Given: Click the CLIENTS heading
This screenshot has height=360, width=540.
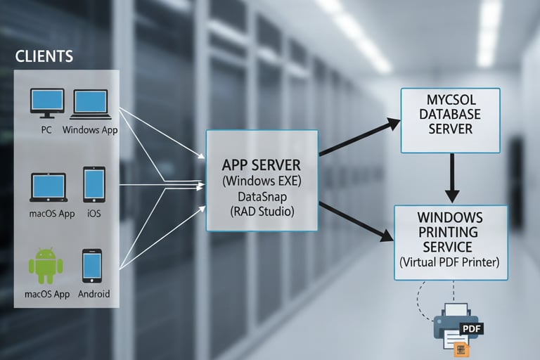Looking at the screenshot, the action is click(x=44, y=56).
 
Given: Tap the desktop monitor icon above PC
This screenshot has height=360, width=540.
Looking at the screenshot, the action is click(x=47, y=103).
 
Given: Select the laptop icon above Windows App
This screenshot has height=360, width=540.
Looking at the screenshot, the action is click(x=91, y=104).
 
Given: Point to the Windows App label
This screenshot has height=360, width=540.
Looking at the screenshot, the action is click(x=90, y=130).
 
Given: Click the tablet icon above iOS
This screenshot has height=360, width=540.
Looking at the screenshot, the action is click(x=94, y=185).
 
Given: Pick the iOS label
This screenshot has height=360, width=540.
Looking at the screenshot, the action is click(x=94, y=214).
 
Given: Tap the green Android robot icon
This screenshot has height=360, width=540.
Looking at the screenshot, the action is click(x=46, y=265).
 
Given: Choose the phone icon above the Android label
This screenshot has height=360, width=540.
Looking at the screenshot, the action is click(x=92, y=266).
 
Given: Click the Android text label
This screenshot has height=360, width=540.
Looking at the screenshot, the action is click(x=94, y=294).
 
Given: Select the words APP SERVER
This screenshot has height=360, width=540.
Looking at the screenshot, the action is click(x=261, y=165).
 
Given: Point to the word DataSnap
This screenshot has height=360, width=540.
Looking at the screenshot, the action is click(x=262, y=197).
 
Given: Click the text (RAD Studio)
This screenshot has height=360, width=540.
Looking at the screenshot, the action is click(x=262, y=211).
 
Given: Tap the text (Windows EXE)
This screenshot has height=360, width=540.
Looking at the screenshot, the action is click(x=262, y=181).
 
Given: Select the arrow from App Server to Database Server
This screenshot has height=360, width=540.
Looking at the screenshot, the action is click(x=359, y=137).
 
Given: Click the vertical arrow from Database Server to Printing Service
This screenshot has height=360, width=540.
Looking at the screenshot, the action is click(x=452, y=178).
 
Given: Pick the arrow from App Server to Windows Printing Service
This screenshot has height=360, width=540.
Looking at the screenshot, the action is click(x=356, y=222).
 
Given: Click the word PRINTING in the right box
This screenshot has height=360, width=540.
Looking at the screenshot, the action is click(x=448, y=232).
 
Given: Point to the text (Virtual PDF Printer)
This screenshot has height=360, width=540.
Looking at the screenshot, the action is click(x=449, y=262).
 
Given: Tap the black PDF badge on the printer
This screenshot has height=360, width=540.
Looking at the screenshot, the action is click(x=471, y=328).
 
